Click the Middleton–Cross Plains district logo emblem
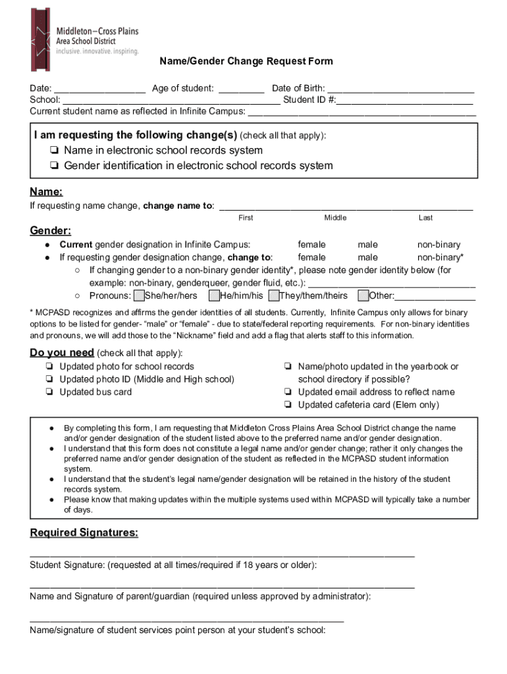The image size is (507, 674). (40, 39)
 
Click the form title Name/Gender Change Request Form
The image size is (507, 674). (246, 61)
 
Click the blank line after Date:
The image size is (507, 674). (99, 89)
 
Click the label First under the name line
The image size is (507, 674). (246, 218)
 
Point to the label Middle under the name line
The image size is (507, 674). (335, 218)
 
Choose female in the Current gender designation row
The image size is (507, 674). (311, 245)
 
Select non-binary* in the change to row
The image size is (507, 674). (440, 257)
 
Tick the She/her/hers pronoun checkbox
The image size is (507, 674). (138, 296)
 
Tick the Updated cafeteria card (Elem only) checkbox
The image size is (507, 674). (288, 405)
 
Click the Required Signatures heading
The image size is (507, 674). (84, 533)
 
